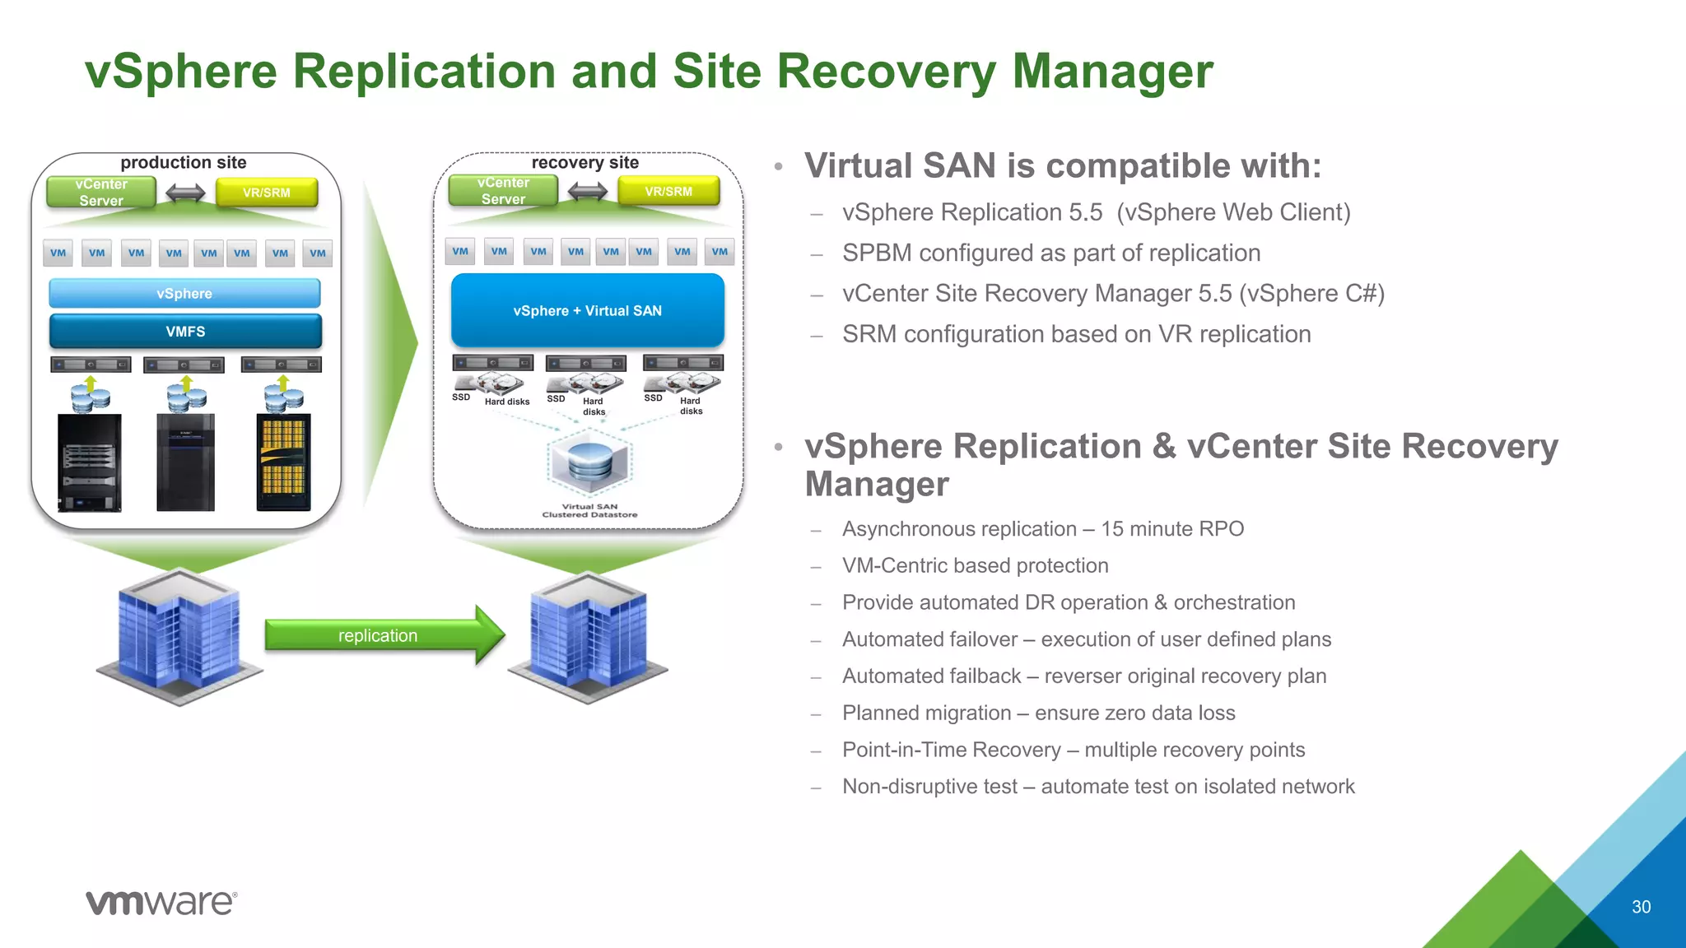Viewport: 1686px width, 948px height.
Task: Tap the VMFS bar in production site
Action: [185, 332]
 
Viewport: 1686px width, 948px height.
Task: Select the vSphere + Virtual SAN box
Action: [588, 311]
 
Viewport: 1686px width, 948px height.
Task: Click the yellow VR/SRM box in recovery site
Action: [668, 192]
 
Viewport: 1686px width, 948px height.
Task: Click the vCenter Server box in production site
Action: [101, 193]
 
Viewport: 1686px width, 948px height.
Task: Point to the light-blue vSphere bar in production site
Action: [184, 294]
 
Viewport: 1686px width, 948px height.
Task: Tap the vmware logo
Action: [161, 903]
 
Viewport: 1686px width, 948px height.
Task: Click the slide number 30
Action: [1641, 907]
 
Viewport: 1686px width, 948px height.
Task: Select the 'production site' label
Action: [184, 163]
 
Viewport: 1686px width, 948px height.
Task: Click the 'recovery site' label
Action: [585, 163]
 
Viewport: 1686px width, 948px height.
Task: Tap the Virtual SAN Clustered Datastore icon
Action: [589, 465]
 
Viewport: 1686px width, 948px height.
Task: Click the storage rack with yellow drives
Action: [283, 463]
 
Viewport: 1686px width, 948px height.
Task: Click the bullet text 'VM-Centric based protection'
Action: [975, 566]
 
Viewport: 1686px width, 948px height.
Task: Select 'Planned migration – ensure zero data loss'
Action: [1038, 713]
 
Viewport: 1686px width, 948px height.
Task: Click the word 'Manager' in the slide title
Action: [1112, 72]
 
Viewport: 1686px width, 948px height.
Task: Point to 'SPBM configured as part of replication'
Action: [1051, 253]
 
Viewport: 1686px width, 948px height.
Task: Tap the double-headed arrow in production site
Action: [185, 193]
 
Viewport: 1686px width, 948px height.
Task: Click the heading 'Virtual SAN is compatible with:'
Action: [1062, 166]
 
